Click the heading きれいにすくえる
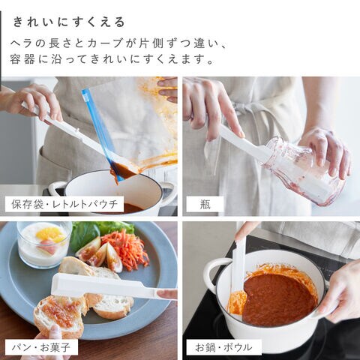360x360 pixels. click(69, 22)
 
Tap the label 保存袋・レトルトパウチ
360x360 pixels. click(64, 204)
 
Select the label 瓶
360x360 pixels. click(205, 204)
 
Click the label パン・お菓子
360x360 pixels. click(41, 347)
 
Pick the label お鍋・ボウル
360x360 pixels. click(224, 347)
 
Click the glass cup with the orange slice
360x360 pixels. click(44, 244)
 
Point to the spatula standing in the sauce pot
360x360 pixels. click(238, 265)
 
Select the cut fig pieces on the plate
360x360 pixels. click(100, 253)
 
